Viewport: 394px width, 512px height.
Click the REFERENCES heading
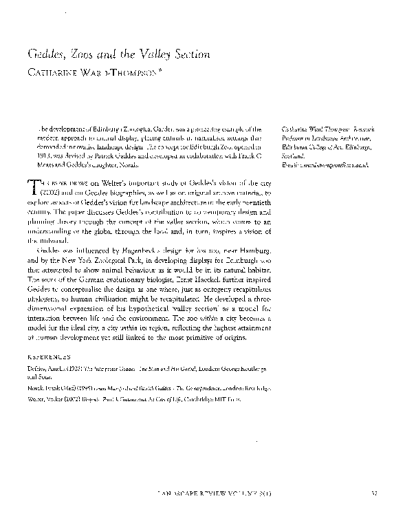point(49,358)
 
